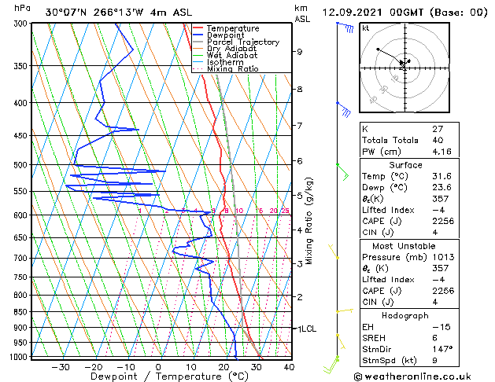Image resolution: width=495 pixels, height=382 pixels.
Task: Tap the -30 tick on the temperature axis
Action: click(61, 366)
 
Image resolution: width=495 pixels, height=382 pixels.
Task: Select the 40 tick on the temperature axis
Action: click(289, 366)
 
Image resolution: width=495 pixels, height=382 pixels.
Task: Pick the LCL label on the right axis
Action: click(308, 329)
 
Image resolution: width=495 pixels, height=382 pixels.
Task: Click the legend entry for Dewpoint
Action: click(227, 35)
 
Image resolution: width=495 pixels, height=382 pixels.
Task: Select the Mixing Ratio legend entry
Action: click(231, 69)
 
